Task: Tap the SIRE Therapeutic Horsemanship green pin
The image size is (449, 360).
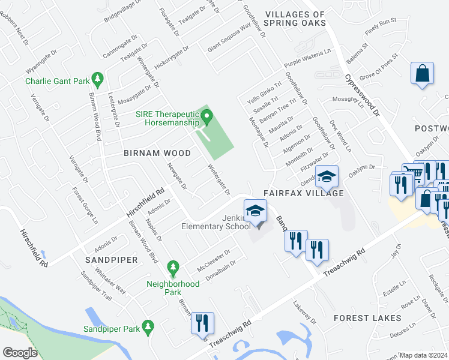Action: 207,117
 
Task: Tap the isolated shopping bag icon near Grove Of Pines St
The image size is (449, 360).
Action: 423,74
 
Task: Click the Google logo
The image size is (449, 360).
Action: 20,353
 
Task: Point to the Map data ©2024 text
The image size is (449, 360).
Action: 424,355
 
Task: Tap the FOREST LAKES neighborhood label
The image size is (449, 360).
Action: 367,318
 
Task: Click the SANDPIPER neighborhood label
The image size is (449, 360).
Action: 111,260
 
